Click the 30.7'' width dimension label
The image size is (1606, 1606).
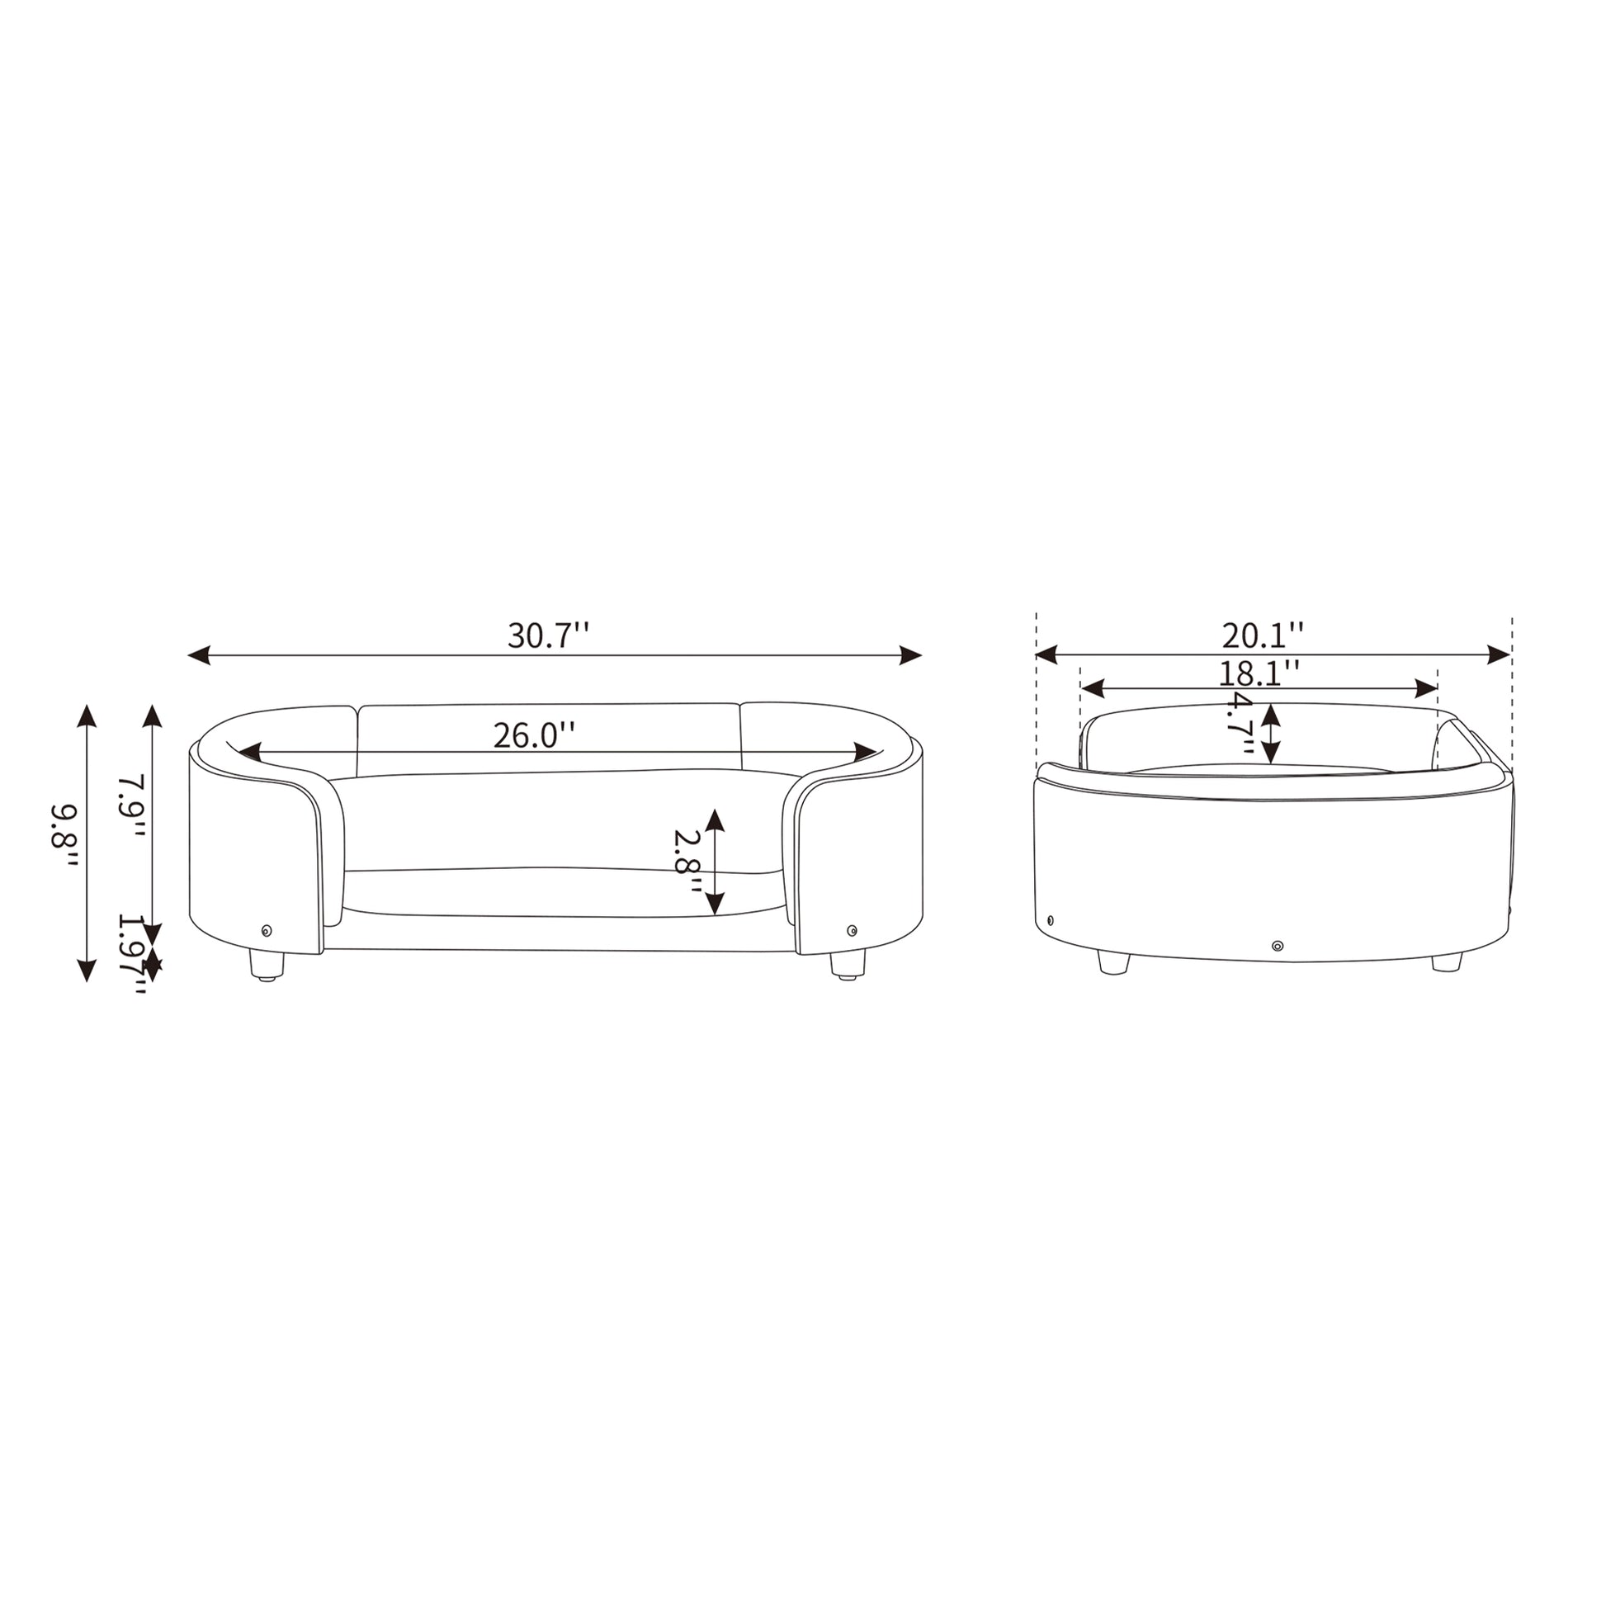coord(549,636)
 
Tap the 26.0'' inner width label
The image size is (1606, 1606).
coord(534,735)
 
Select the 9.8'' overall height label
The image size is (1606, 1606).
coord(64,837)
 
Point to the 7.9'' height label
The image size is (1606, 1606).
coord(131,807)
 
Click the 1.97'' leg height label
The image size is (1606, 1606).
coord(131,954)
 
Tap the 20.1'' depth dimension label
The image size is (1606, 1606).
coord(1263,636)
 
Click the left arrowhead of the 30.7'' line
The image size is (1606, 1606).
coord(199,656)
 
